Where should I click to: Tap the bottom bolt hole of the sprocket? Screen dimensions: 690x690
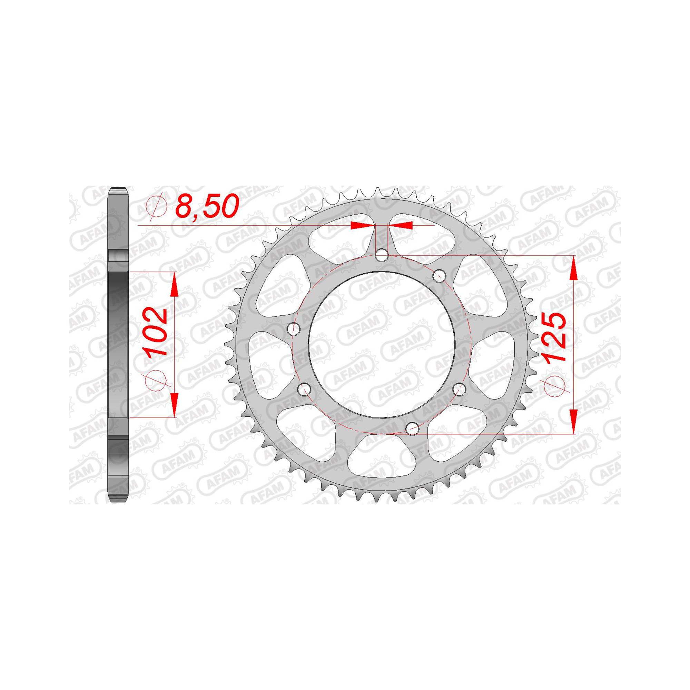[x=413, y=428]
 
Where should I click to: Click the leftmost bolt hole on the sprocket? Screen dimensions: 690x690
[x=294, y=328]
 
